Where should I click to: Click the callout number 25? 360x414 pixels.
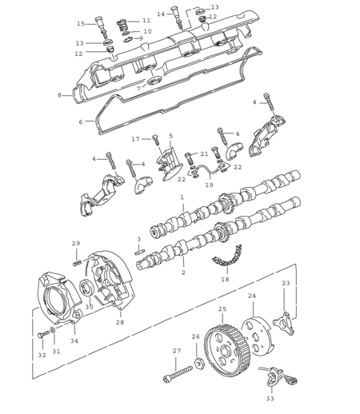(x=222, y=309)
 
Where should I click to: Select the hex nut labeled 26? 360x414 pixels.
(x=198, y=363)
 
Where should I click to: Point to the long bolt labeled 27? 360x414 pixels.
(x=178, y=375)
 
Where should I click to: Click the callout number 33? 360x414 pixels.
(x=270, y=399)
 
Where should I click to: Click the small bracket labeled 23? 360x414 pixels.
(x=284, y=323)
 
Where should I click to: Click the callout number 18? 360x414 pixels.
(x=225, y=279)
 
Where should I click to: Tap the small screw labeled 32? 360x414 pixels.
(x=43, y=334)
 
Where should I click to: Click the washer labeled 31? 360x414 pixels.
(x=53, y=330)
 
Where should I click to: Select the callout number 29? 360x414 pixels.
(x=76, y=243)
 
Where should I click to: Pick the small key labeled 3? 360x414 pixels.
(x=140, y=252)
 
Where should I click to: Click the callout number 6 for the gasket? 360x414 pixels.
(x=81, y=122)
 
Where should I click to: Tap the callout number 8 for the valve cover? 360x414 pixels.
(x=59, y=95)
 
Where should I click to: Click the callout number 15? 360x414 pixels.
(x=81, y=24)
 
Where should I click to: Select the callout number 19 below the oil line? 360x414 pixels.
(x=209, y=185)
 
